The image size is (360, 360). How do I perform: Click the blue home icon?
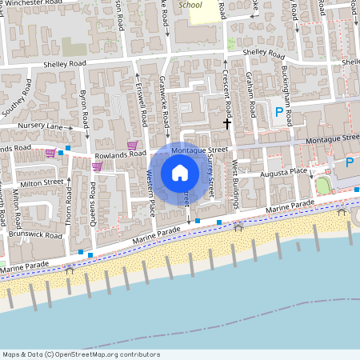[180, 173]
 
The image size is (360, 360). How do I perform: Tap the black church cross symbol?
[227, 124]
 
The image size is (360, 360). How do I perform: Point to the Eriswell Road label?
[143, 109]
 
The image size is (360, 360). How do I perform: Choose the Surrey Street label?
[210, 179]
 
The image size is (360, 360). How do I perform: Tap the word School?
[190, 5]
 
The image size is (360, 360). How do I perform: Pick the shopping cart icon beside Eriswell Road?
[132, 145]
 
